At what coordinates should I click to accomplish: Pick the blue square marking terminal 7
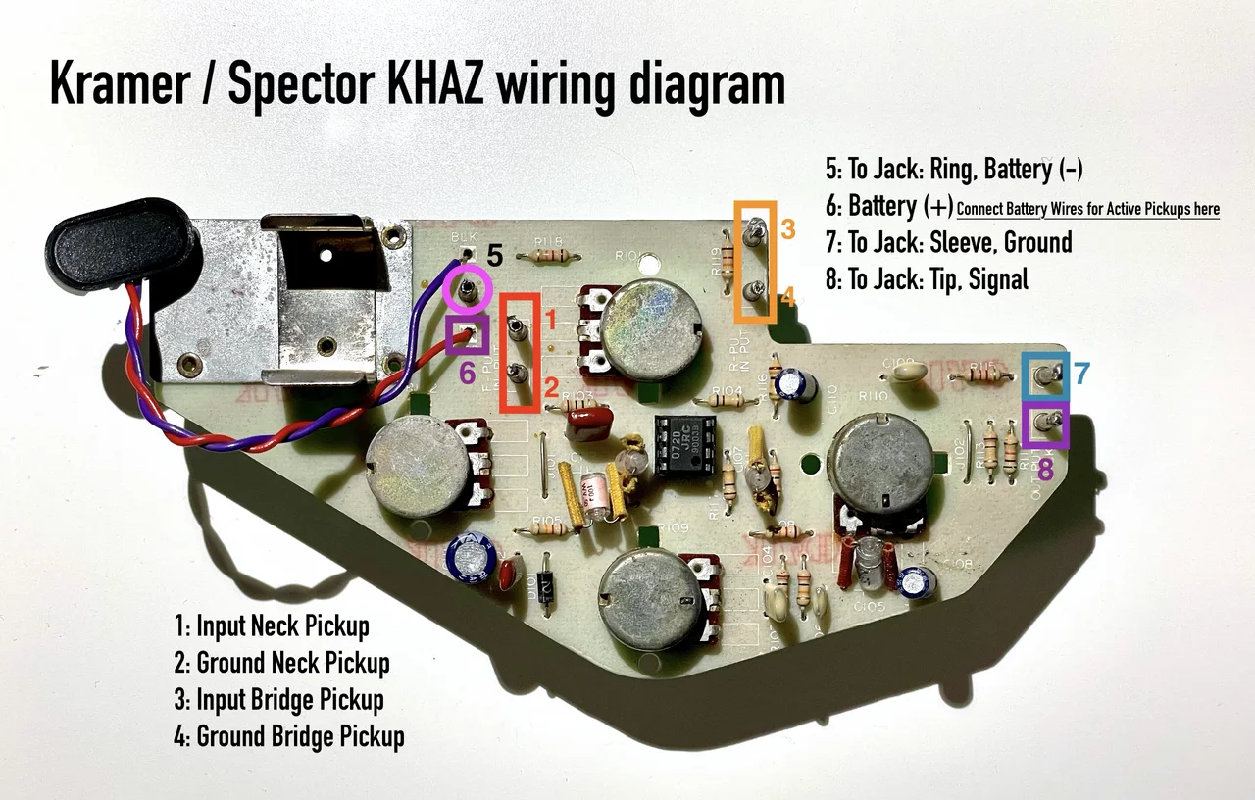(1045, 374)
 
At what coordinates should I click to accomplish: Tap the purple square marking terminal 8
(1045, 425)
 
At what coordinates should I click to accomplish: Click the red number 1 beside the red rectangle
(551, 321)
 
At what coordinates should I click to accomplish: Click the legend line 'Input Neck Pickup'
(272, 625)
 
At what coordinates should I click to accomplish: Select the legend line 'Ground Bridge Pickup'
(289, 735)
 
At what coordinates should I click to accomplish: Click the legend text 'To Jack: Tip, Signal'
(927, 279)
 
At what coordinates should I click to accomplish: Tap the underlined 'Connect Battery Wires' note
(1087, 208)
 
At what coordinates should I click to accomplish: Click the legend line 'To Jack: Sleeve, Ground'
(948, 242)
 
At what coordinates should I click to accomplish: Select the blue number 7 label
(1080, 374)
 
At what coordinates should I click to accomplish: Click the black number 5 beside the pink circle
(495, 257)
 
